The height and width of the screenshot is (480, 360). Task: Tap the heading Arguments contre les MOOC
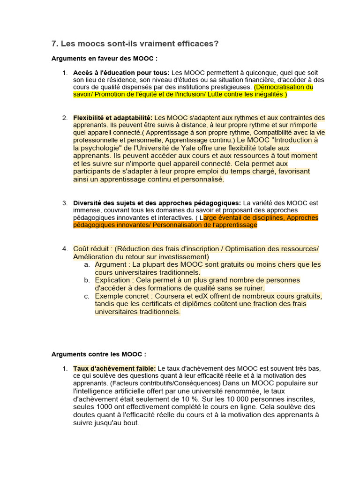tap(99, 354)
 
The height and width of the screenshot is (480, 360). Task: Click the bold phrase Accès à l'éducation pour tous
tap(121, 73)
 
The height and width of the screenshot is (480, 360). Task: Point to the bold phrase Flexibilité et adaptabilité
tap(112, 118)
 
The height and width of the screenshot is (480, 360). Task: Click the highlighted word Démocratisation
tap(279, 87)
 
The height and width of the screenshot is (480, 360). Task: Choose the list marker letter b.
tap(87, 280)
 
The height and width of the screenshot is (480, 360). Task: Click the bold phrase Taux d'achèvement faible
tap(114, 368)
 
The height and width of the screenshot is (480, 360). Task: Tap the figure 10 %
tap(174, 399)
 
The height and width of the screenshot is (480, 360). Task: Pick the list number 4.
tap(65, 249)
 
